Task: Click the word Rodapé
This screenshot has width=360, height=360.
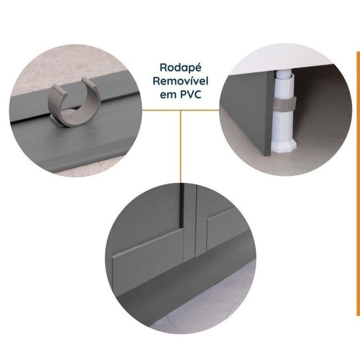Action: pyautogui.click(x=180, y=68)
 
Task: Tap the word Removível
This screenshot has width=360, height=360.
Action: pyautogui.click(x=180, y=81)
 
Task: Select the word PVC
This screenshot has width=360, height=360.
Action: pyautogui.click(x=190, y=94)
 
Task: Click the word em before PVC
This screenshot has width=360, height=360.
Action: pyautogui.click(x=168, y=95)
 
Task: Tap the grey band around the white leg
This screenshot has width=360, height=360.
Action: pyautogui.click(x=284, y=103)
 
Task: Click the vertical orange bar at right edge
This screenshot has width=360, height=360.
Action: pyautogui.click(x=358, y=184)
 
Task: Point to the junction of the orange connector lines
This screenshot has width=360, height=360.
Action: pyautogui.click(x=181, y=110)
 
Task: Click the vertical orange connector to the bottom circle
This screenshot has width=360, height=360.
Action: pyautogui.click(x=181, y=147)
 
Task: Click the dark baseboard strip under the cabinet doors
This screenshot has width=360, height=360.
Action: pyautogui.click(x=184, y=278)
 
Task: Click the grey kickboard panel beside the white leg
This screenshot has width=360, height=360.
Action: pyautogui.click(x=246, y=112)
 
